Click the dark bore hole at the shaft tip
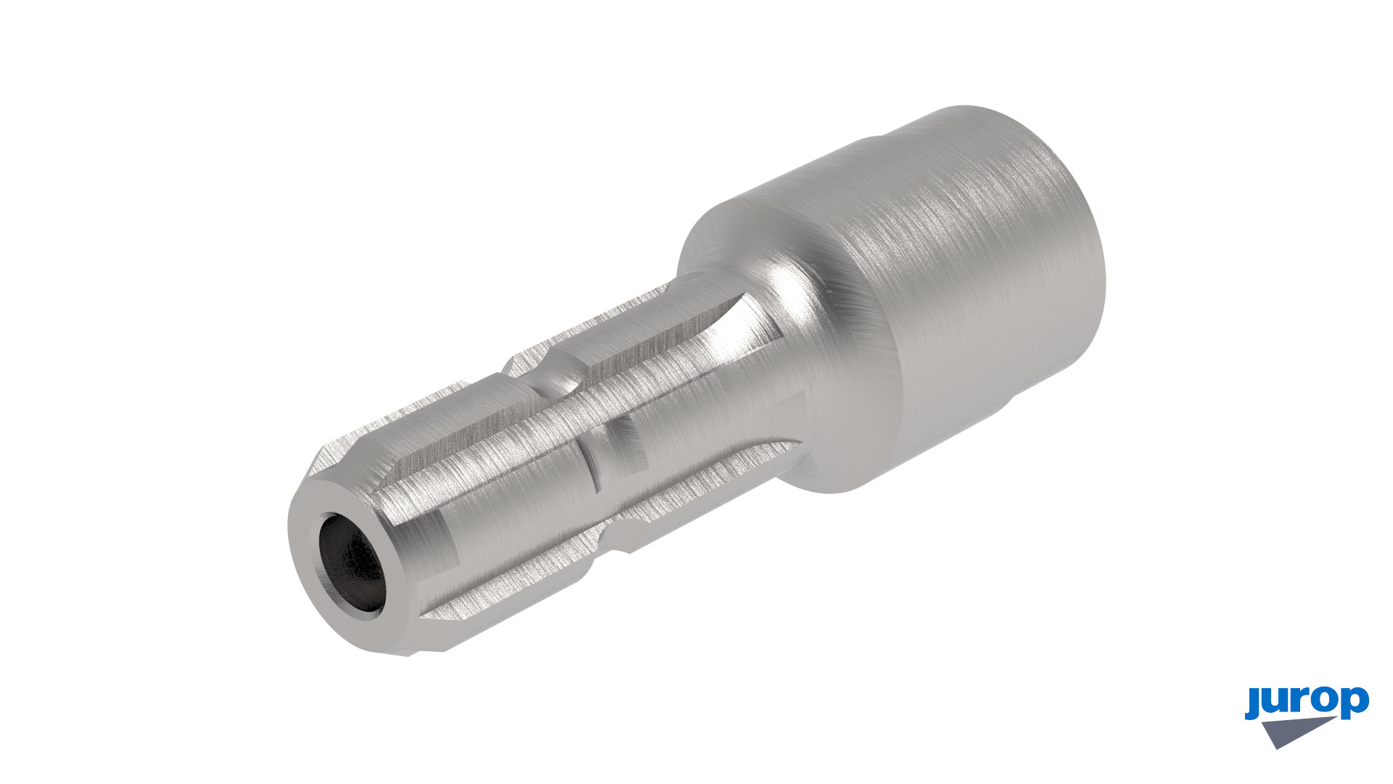click(x=353, y=563)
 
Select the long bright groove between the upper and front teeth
click(x=580, y=407)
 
